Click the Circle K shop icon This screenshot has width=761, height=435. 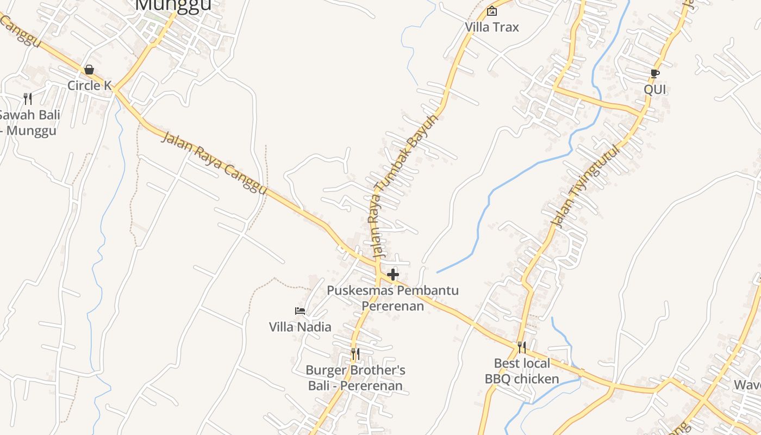(89, 70)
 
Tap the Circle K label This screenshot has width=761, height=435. (90, 85)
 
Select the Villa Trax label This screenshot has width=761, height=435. (492, 27)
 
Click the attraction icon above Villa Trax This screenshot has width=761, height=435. (492, 11)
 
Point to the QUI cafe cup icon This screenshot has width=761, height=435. (655, 73)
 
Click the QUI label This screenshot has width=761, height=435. (655, 89)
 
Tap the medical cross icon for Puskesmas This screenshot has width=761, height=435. (393, 275)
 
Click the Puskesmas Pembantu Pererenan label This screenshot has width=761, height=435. (392, 298)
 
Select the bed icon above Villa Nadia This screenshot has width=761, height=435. (300, 311)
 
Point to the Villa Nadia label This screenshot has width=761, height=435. (300, 327)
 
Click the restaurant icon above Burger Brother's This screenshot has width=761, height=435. (355, 355)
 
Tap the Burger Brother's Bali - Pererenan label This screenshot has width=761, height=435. (355, 378)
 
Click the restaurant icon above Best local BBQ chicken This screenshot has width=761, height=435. (522, 347)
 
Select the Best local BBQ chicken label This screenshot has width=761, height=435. (522, 371)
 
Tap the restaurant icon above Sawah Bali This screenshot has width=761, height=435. (28, 99)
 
